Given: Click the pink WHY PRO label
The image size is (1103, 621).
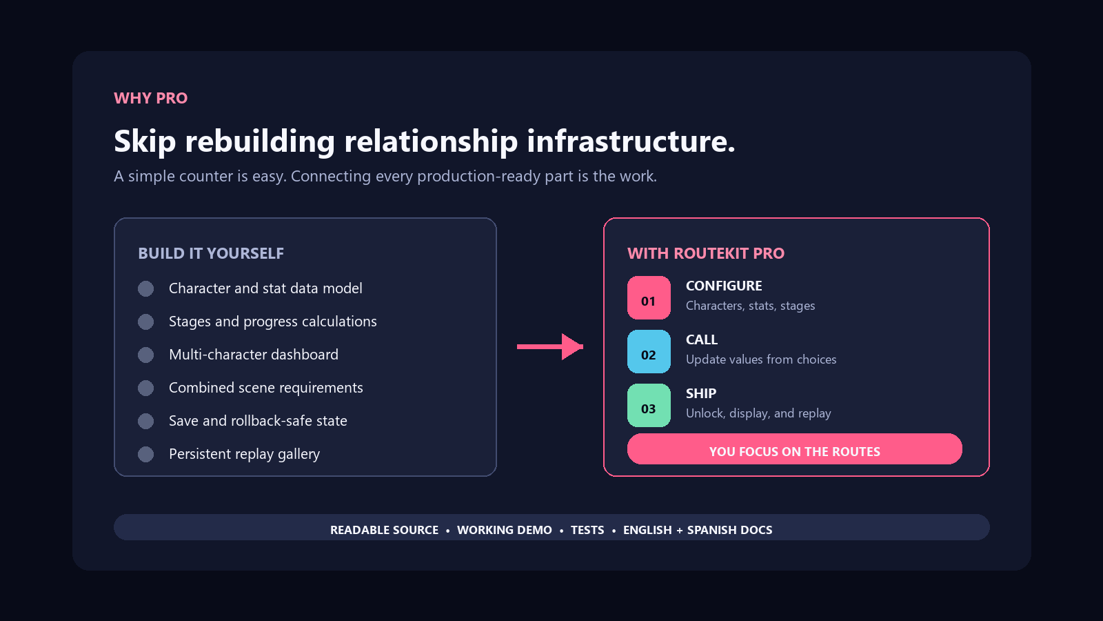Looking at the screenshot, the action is [x=151, y=98].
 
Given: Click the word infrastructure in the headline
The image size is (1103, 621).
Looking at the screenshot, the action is [x=631, y=141].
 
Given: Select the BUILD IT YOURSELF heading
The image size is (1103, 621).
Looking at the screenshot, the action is [x=211, y=253].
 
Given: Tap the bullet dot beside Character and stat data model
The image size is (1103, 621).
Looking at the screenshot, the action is [x=145, y=289].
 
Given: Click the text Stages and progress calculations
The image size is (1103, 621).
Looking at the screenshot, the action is [x=273, y=322].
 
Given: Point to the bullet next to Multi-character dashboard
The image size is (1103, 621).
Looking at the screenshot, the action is [x=145, y=355].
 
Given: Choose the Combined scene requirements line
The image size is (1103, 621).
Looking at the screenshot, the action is [x=266, y=388].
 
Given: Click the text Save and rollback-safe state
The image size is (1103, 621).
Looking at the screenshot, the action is [x=258, y=421].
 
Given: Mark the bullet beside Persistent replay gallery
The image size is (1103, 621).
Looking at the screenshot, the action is [x=145, y=455].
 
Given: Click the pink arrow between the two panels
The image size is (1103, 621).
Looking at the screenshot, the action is [x=550, y=347].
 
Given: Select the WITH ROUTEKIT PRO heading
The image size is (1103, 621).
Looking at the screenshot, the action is [x=706, y=253].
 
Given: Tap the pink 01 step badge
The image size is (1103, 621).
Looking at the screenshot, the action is [x=649, y=297].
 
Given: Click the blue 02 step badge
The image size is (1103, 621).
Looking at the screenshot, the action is [x=649, y=351].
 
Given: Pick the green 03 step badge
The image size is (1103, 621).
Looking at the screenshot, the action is [x=649, y=405].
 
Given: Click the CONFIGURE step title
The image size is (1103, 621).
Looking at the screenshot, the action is [x=724, y=286].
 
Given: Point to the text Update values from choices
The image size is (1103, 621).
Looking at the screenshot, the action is [x=761, y=359].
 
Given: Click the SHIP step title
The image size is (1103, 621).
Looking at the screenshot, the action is [x=701, y=393].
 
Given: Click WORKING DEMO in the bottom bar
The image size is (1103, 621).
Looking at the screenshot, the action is [x=505, y=530].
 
